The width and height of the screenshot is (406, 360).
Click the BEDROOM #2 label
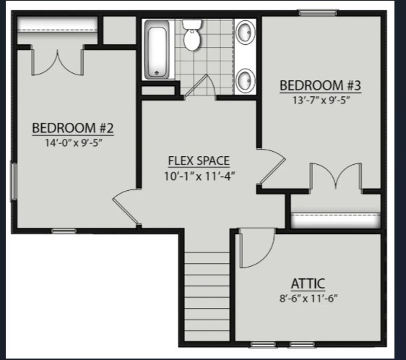(73, 128)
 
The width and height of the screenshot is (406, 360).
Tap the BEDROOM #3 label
(320, 85)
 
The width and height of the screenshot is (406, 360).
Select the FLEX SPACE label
(199, 160)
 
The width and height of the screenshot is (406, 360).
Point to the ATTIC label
(308, 283)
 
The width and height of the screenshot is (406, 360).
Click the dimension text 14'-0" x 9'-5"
(73, 142)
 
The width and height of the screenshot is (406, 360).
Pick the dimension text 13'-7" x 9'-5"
(320, 100)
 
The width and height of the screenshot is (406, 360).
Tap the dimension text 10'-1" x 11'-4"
(200, 175)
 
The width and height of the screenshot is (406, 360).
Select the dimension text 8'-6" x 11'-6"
(308, 298)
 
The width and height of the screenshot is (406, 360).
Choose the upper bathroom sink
(245, 33)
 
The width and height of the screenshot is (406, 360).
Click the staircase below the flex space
(206, 293)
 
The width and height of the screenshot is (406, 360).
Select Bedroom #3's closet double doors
(334, 178)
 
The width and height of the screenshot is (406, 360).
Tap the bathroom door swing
(202, 86)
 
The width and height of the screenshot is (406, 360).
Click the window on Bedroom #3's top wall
(319, 12)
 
